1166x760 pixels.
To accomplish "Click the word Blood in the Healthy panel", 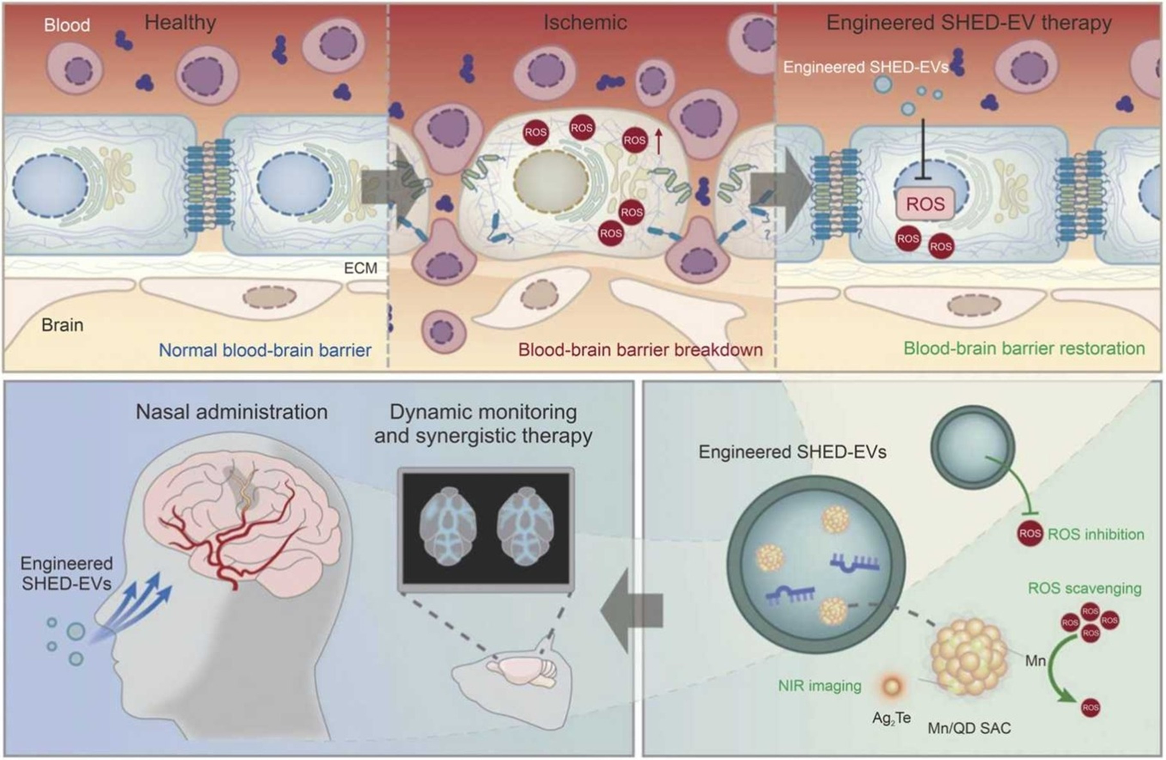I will click(x=67, y=25).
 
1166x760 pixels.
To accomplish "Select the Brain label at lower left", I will click(x=62, y=325).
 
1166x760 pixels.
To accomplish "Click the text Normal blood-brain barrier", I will click(x=265, y=350).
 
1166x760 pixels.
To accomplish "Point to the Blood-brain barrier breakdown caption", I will click(x=640, y=350).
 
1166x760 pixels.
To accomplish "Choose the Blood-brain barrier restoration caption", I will click(x=1024, y=348).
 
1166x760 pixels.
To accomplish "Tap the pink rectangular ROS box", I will click(x=925, y=204).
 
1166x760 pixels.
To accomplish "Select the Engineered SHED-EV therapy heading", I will click(x=969, y=22).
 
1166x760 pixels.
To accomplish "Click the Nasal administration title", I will click(x=231, y=412).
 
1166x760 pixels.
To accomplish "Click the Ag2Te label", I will click(x=891, y=718).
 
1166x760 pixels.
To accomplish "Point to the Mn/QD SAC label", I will click(x=969, y=728).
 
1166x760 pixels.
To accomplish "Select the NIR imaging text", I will click(x=819, y=686).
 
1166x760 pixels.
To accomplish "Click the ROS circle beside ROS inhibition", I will click(x=1029, y=534).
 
